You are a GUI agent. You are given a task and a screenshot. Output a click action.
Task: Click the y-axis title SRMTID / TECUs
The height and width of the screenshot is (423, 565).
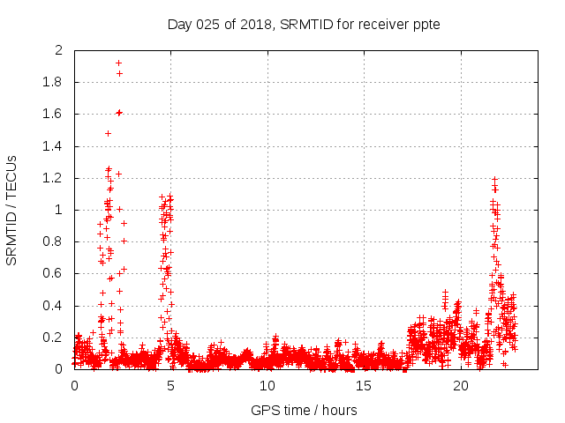(x=11, y=210)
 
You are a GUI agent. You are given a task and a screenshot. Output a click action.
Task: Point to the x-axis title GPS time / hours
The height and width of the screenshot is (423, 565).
(x=304, y=410)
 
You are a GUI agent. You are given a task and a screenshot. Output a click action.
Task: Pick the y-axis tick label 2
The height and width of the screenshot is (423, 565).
(x=60, y=50)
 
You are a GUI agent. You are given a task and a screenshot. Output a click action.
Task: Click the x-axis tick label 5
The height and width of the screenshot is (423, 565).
(x=170, y=386)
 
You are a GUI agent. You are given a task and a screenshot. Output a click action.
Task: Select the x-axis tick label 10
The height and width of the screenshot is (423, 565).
(x=267, y=386)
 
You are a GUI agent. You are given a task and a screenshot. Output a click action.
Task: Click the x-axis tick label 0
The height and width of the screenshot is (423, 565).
(x=74, y=386)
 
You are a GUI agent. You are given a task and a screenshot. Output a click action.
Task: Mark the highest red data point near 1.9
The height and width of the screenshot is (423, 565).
(x=118, y=63)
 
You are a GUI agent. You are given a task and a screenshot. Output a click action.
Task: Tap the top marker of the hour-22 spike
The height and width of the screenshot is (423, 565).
(x=495, y=179)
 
